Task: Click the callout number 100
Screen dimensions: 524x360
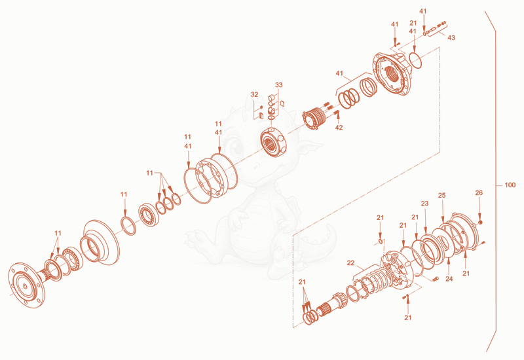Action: coord(510,185)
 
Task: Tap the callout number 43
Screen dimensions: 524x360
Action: coord(451,38)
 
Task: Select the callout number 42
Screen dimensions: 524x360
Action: coord(339,128)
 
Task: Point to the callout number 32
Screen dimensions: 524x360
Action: coord(254,94)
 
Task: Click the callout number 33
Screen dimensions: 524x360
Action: coord(279,85)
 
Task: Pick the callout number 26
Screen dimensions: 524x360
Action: coord(479,192)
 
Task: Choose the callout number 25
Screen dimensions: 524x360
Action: coord(441,195)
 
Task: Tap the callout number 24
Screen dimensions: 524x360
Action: coord(449,279)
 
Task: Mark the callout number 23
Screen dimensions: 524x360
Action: coord(424,204)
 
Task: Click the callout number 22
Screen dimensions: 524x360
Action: coord(350,263)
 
